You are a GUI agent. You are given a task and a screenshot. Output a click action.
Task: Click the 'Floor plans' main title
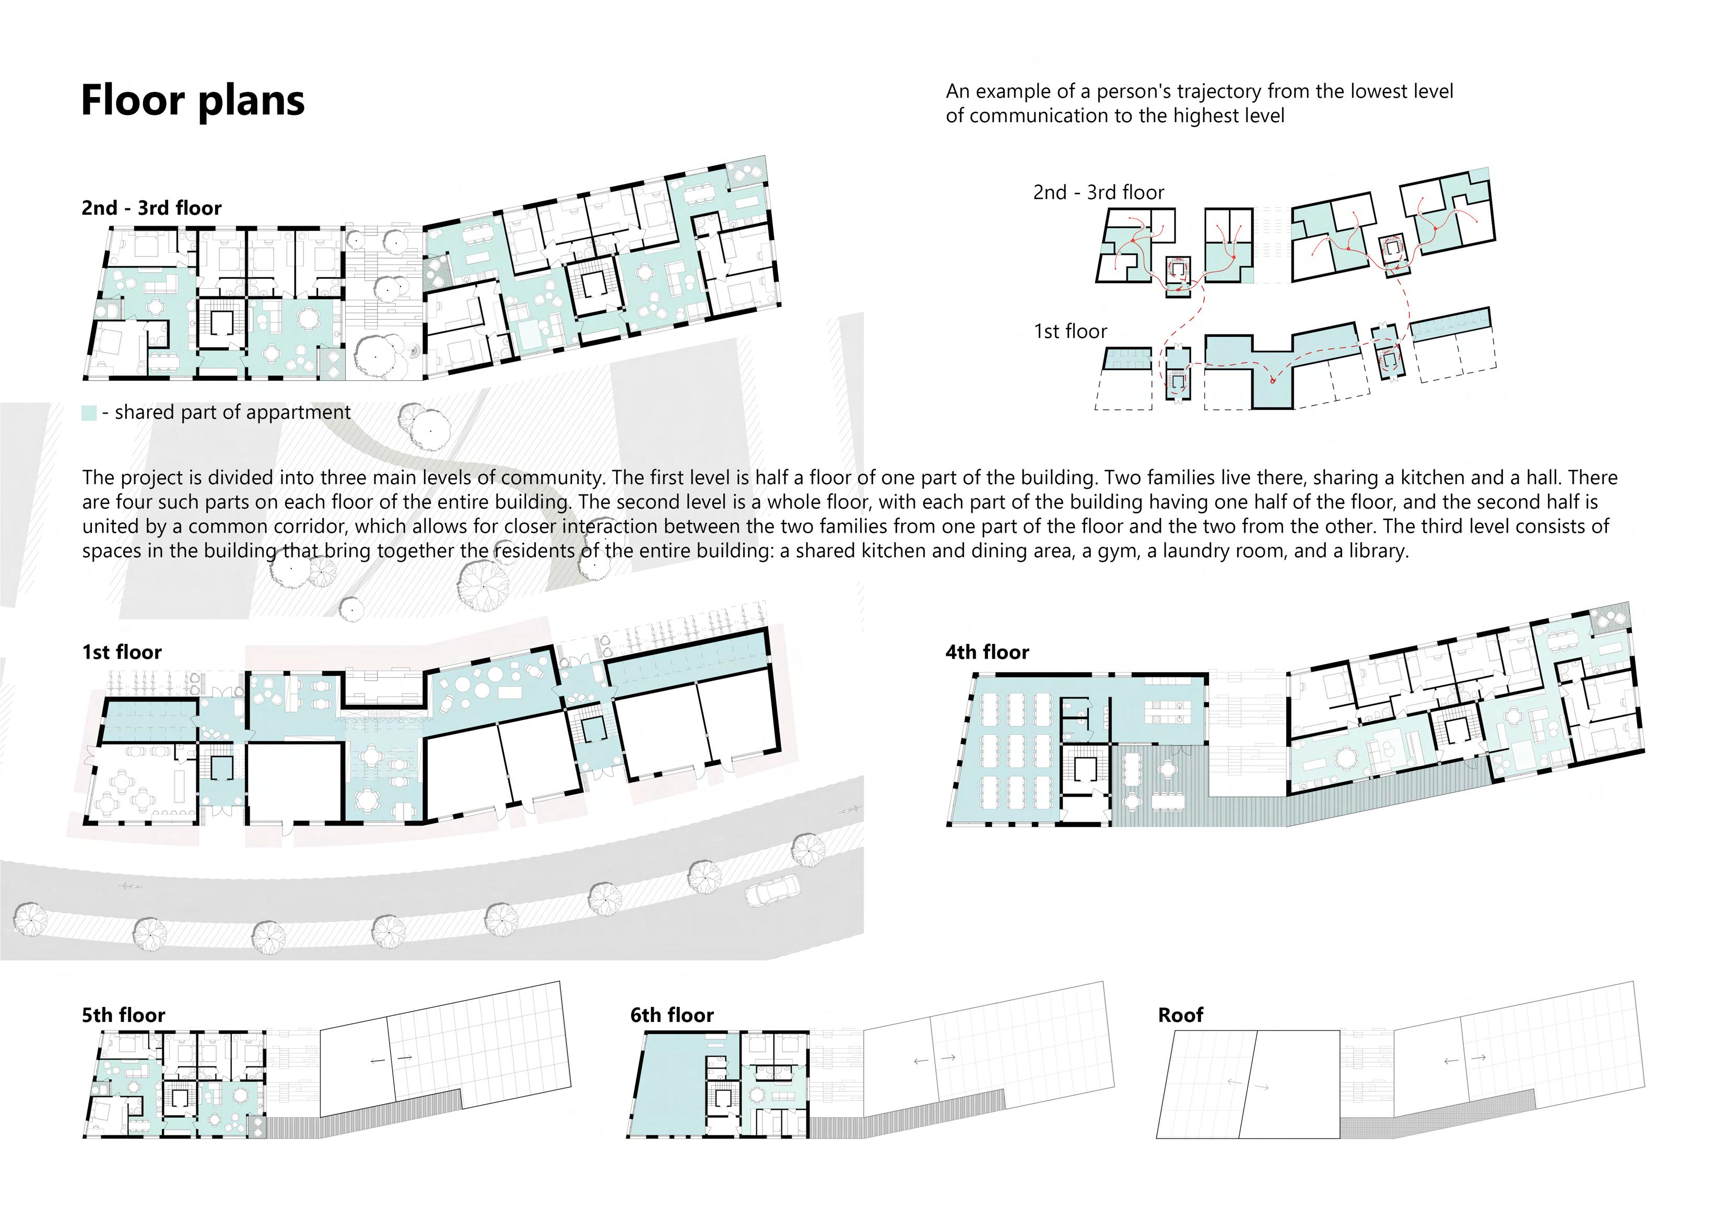[193, 101]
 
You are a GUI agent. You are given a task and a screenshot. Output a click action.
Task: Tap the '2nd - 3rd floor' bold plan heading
[151, 208]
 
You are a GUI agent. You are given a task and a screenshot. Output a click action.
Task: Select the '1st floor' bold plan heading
[122, 652]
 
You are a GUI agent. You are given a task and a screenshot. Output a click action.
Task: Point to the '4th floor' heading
[987, 652]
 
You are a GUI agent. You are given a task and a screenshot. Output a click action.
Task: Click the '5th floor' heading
[123, 1016]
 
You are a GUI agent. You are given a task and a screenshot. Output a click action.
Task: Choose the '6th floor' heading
[672, 1016]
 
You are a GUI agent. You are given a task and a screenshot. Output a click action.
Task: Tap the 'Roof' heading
[1180, 1016]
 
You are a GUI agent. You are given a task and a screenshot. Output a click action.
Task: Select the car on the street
[772, 892]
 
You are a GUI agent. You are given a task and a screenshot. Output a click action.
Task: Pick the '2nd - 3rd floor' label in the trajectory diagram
[1098, 193]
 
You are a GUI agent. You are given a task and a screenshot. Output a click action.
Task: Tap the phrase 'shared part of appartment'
[232, 412]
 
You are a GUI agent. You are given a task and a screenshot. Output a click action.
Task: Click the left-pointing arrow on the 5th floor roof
[378, 1061]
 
